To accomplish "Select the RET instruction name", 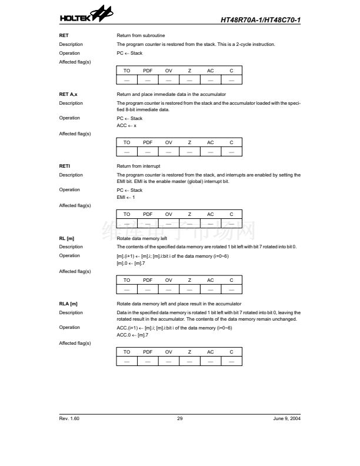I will (x=64, y=35).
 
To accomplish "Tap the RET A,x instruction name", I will (x=68, y=94).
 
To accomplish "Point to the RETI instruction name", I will (x=65, y=166).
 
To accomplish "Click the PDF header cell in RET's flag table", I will (x=148, y=71).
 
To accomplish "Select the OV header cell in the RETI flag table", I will (x=169, y=214).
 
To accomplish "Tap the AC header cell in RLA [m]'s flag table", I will (x=211, y=352).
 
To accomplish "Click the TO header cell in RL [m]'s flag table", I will (x=126, y=280).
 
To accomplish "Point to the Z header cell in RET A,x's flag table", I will (x=189, y=142).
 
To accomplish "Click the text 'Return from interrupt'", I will (x=139, y=166).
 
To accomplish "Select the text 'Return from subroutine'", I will (x=141, y=35).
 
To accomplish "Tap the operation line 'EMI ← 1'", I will (x=126, y=197).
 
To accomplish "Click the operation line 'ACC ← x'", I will (x=126, y=125).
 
